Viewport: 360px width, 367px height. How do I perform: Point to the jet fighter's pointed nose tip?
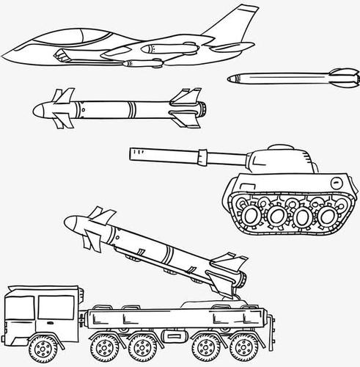pos(6,53)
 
